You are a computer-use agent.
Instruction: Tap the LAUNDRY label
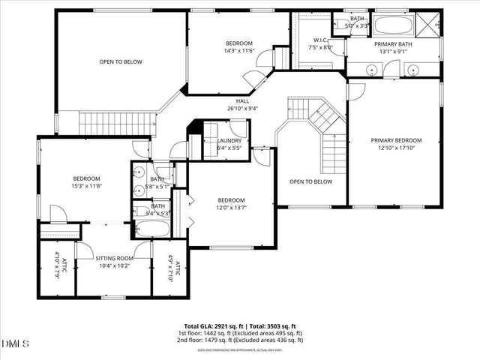pyautogui.click(x=229, y=141)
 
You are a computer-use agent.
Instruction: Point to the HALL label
pyautogui.click(x=242, y=100)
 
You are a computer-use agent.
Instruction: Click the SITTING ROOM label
pyautogui.click(x=114, y=258)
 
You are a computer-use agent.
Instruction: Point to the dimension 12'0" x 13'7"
pyautogui.click(x=231, y=207)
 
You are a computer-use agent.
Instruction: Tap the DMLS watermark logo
pyautogui.click(x=16, y=344)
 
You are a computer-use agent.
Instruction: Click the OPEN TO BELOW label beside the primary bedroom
pyautogui.click(x=310, y=181)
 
